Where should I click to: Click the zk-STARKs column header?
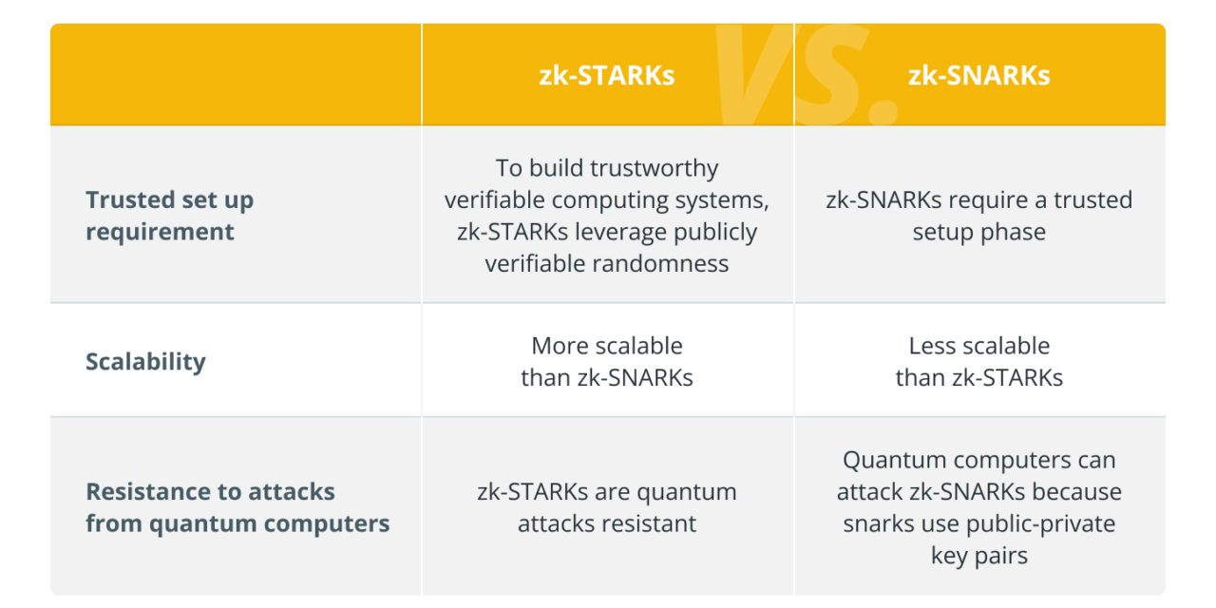click(x=606, y=75)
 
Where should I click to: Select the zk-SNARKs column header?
click(x=978, y=75)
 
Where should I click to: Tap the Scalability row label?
click(x=145, y=362)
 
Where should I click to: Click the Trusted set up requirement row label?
click(x=169, y=216)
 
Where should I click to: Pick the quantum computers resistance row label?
click(x=237, y=507)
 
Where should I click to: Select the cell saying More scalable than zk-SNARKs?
click(x=607, y=362)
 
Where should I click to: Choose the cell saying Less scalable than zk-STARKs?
click(x=978, y=362)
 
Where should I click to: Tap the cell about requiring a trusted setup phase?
click(x=978, y=216)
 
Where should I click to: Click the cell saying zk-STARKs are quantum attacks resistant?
click(x=607, y=507)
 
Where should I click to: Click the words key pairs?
click(x=979, y=556)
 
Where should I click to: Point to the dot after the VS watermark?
click(x=883, y=112)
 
